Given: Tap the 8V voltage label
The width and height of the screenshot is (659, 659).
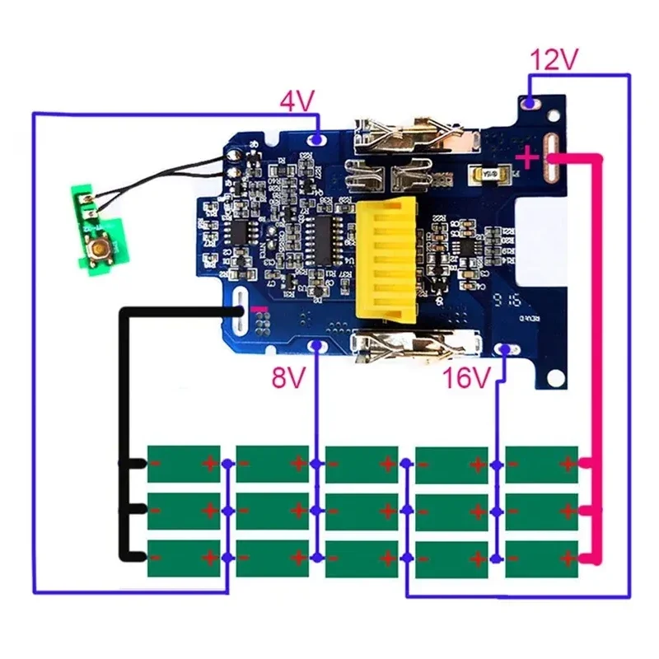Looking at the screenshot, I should pos(289,377).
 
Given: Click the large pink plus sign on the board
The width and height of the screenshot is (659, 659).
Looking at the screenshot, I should pos(526,156).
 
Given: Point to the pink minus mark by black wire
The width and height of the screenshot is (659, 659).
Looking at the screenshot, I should pos(263,308).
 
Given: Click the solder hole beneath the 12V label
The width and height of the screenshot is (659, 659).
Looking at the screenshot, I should pos(530,104).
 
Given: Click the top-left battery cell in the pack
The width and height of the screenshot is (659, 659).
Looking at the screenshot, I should pos(184,464).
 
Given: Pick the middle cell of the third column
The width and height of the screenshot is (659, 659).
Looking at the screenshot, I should pos(362,512).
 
